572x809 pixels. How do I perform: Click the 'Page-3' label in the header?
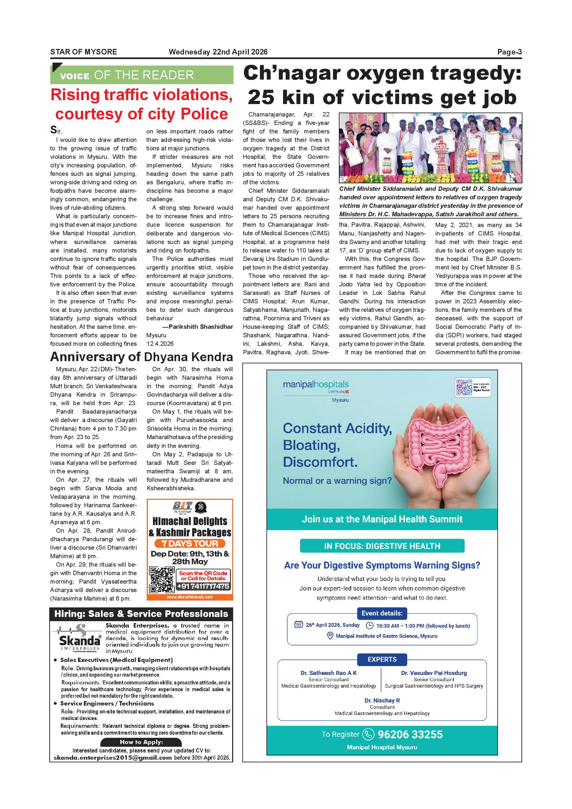coord(509,52)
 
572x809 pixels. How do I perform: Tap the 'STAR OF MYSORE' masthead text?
coord(83,52)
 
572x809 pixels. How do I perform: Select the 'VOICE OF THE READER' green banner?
coord(142,75)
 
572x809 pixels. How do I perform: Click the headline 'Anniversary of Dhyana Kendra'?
coord(141,357)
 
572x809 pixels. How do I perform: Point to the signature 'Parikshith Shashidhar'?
coord(201,327)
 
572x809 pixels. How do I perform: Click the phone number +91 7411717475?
coord(203,586)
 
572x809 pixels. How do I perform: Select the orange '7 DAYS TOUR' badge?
coord(190,543)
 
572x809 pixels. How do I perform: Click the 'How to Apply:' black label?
coord(141,742)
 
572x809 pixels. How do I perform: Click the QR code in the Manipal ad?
coord(463,387)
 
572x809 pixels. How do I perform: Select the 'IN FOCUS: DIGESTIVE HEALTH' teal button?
coord(382,546)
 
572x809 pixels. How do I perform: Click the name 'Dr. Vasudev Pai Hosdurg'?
coord(434,673)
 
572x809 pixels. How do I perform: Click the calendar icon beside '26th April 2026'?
coord(298,625)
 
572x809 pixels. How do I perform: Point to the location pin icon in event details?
coord(330,636)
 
